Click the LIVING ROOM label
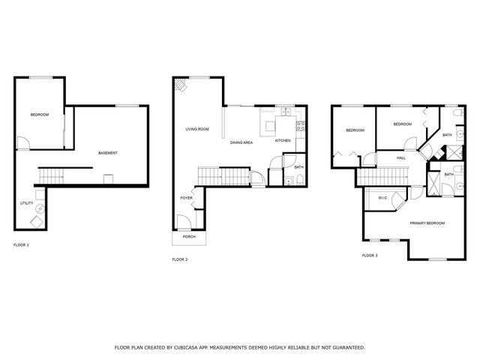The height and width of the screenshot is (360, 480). point(197,130)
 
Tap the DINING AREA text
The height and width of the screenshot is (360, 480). point(241,142)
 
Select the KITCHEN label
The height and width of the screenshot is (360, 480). point(283,141)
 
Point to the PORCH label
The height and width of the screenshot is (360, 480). point(189,237)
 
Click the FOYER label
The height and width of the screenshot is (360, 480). point(186,198)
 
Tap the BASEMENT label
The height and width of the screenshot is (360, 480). point(108,154)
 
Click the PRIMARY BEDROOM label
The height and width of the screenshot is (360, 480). point(427,223)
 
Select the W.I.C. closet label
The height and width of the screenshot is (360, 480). point(382,199)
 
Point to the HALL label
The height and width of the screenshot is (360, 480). point(401,158)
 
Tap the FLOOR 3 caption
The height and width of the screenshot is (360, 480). point(370,256)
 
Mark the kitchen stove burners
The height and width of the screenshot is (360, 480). point(300,126)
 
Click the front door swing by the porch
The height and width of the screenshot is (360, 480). point(182,222)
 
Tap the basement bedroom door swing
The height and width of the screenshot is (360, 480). point(23,142)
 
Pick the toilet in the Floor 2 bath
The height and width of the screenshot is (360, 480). point(299,178)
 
